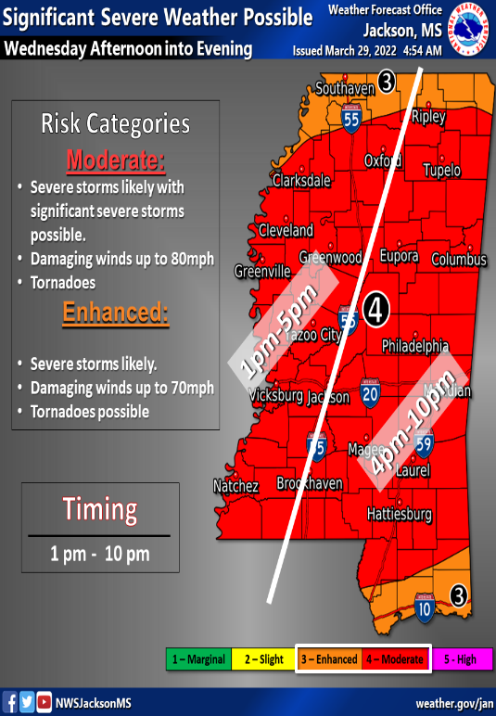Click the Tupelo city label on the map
point(441,172)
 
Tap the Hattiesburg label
point(400,513)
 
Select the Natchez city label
point(235,486)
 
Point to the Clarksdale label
point(300,179)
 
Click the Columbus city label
point(459,260)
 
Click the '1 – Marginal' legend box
point(197,659)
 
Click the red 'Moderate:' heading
point(115,161)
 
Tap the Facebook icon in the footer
point(10,703)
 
